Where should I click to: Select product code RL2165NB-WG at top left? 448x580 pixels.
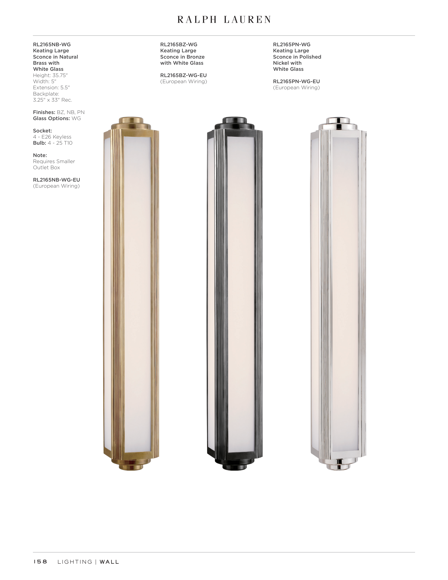(x=52, y=45)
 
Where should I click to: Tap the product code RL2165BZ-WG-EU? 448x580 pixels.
(x=184, y=75)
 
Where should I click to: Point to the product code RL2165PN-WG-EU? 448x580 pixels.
(x=296, y=82)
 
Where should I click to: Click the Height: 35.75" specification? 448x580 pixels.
(x=50, y=75)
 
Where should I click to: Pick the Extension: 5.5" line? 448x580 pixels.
(x=51, y=88)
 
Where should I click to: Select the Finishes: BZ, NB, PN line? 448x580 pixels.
(x=59, y=112)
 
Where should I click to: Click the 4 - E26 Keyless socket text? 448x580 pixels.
(x=52, y=137)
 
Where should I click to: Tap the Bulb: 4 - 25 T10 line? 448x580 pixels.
(x=53, y=143)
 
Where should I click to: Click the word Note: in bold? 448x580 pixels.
(x=40, y=155)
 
